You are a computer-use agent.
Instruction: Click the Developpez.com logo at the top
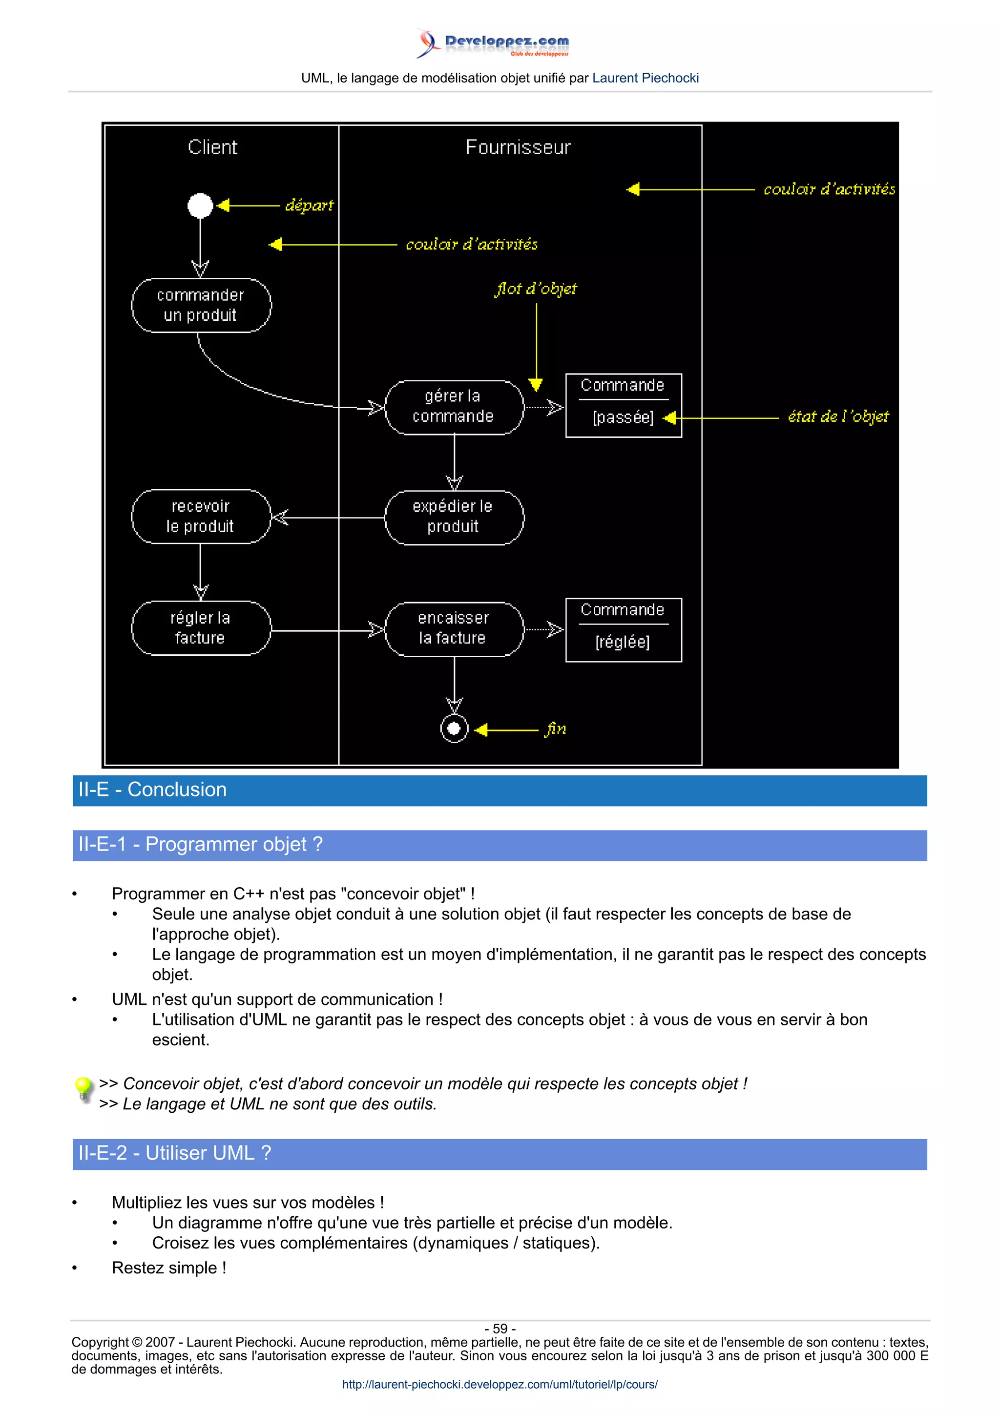click(x=493, y=43)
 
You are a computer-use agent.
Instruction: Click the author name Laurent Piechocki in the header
click(x=645, y=78)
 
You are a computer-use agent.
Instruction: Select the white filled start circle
click(x=200, y=205)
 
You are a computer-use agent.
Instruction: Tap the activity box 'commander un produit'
click(x=201, y=305)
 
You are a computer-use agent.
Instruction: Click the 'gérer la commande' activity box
click(x=454, y=407)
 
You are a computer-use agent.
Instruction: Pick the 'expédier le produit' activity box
click(x=454, y=517)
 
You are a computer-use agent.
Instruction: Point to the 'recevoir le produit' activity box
click(x=201, y=517)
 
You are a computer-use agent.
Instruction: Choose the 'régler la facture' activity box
click(x=201, y=628)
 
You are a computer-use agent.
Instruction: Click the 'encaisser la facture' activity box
click(x=454, y=628)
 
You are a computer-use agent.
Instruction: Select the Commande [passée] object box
click(x=624, y=406)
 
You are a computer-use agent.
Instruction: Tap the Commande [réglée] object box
click(x=624, y=630)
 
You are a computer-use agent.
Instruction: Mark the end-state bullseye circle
click(x=454, y=729)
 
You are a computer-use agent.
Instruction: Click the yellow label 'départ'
click(x=309, y=205)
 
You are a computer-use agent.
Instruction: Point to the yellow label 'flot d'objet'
click(x=536, y=289)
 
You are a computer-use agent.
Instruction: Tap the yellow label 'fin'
click(x=555, y=729)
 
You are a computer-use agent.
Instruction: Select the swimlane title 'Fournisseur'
click(x=518, y=147)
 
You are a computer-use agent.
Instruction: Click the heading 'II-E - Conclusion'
click(x=152, y=790)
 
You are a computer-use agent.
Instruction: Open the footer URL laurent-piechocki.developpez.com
click(x=500, y=1384)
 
